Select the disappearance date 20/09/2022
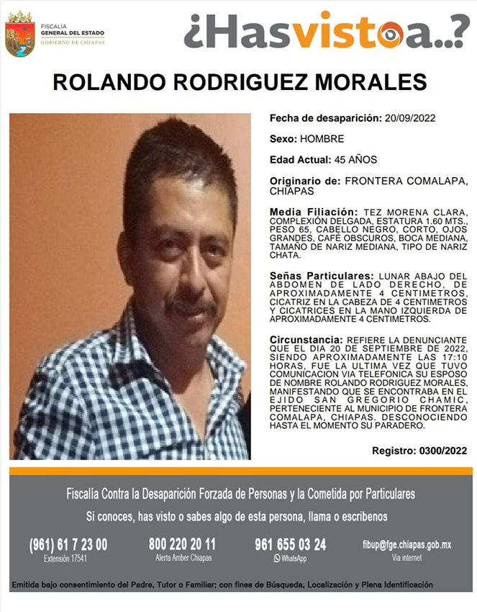tap(411, 117)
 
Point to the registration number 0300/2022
tap(441, 451)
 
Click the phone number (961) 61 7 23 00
tap(68, 545)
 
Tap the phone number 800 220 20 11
tap(182, 544)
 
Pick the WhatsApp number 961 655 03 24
tap(290, 545)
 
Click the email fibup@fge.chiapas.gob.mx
tap(406, 545)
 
